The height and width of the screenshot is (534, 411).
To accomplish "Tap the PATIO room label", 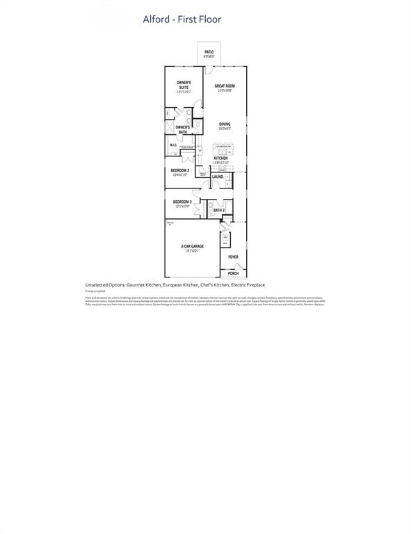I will click(x=209, y=52).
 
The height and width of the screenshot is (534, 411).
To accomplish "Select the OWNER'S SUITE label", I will click(x=184, y=85).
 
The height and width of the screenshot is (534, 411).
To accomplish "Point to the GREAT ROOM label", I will click(x=225, y=86).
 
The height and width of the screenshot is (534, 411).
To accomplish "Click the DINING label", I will click(x=225, y=124).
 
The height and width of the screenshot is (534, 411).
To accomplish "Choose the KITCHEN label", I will click(x=220, y=159).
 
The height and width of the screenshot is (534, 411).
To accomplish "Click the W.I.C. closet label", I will click(x=174, y=145).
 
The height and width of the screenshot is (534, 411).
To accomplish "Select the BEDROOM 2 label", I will click(x=179, y=170).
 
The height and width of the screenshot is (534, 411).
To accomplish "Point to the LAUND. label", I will click(x=218, y=177).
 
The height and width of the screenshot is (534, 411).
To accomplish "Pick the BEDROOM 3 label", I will click(x=182, y=202).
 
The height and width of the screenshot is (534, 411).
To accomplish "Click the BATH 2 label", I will click(x=219, y=210).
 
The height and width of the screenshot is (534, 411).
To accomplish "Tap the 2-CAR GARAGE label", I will click(x=192, y=246).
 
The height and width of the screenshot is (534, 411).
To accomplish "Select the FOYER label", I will click(x=233, y=257).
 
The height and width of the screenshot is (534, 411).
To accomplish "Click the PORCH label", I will click(x=233, y=273).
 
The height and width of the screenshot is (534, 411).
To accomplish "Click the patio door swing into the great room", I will click(x=209, y=70).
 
